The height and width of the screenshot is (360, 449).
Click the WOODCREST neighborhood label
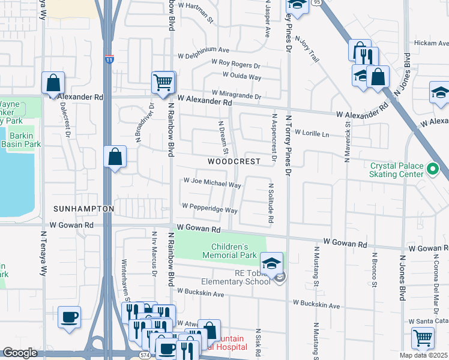234,161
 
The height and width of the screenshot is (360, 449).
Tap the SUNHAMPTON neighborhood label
83,208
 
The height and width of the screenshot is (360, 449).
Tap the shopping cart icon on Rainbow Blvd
163,82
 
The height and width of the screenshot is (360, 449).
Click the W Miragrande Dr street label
236,95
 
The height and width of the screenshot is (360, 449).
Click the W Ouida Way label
241,77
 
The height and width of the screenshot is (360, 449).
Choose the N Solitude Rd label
271,204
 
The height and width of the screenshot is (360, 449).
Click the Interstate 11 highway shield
109,59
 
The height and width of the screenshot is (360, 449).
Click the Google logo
20,353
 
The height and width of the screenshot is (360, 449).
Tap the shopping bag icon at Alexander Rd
53,83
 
